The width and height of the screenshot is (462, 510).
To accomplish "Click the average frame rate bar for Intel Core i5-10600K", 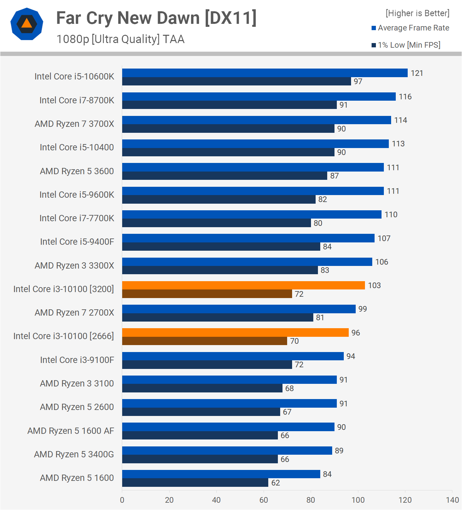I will tap(265, 73).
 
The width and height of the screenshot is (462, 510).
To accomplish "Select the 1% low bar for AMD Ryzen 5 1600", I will tap(195, 483).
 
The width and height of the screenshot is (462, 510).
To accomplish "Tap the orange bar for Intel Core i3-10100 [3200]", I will tap(243, 285).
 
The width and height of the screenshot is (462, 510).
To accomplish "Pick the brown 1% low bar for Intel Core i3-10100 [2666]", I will tap(204, 341).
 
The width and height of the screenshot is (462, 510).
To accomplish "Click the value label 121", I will tap(417, 73).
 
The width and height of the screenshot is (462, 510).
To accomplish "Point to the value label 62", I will tap(276, 483).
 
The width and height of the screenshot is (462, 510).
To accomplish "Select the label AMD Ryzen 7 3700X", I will tap(74, 124).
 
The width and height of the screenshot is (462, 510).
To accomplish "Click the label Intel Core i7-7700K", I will tap(77, 218).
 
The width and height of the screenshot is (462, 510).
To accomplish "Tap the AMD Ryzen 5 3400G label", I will tap(74, 454).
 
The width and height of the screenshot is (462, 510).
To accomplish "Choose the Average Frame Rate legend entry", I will tap(410, 28).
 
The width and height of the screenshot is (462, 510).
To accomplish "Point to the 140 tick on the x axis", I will tap(452, 500).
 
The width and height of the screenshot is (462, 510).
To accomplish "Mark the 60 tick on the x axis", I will tap(264, 500).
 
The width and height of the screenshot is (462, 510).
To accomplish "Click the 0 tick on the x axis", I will tap(122, 500).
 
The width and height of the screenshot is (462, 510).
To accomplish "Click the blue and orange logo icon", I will tap(27, 24).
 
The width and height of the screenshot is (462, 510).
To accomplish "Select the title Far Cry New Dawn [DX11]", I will tap(156, 18).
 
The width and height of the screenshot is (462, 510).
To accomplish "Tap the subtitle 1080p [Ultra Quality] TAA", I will tap(121, 39).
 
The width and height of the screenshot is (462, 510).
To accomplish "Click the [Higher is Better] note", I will tap(417, 13).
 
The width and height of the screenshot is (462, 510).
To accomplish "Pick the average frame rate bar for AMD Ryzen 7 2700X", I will tap(239, 309).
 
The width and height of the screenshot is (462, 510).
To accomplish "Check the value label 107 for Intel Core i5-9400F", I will tap(384, 238).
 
